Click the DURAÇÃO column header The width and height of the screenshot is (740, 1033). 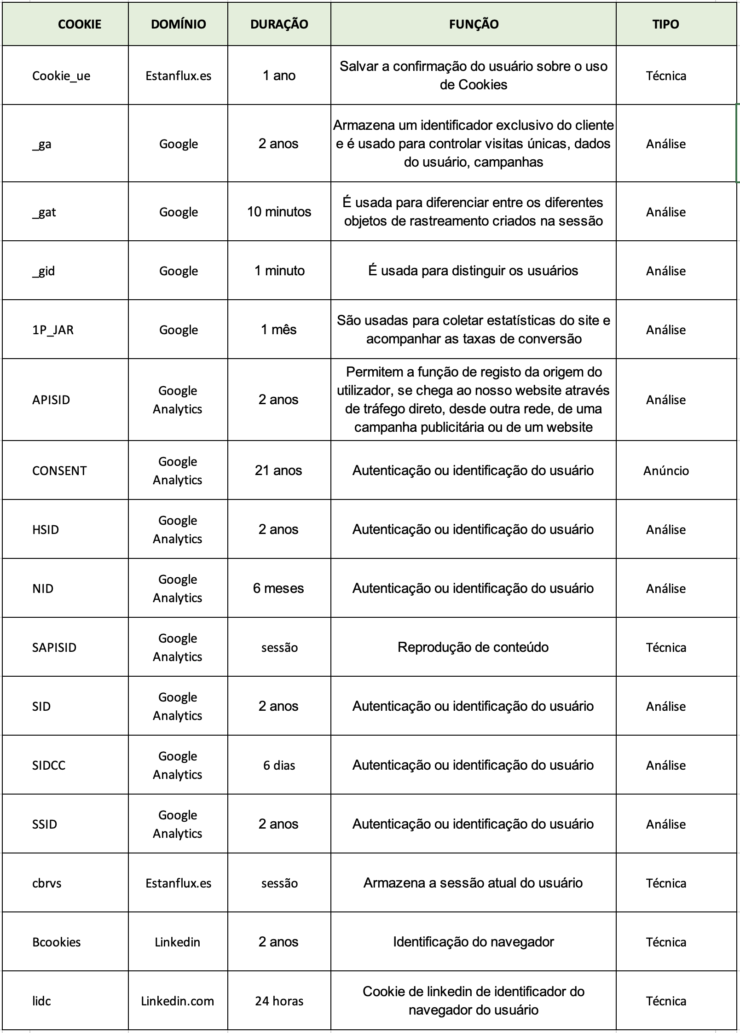tap(279, 24)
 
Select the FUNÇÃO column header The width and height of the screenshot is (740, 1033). tap(473, 24)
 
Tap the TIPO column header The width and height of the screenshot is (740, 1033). tap(665, 24)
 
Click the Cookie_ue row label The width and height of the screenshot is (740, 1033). tap(61, 76)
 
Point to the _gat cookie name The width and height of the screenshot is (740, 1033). tap(44, 212)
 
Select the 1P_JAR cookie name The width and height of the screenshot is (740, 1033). tap(53, 330)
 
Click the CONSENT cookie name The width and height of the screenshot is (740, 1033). tap(59, 471)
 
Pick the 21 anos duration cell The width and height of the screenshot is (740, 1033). tap(278, 470)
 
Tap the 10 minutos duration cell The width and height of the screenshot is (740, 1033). tap(279, 212)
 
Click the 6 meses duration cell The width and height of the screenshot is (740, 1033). tap(278, 588)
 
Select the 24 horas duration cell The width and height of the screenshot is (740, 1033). tap(279, 1001)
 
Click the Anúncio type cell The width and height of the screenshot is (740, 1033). tap(666, 471)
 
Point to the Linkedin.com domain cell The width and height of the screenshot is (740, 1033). tap(177, 1001)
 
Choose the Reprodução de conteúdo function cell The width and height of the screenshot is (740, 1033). tap(473, 647)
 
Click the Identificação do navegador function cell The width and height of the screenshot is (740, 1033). tap(473, 942)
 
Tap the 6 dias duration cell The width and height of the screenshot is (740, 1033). tap(279, 765)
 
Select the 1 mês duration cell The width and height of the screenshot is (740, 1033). tap(278, 330)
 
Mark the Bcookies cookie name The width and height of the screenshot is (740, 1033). tap(56, 942)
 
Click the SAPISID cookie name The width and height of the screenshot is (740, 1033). tap(54, 648)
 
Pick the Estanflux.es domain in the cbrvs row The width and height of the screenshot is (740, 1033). tap(178, 883)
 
